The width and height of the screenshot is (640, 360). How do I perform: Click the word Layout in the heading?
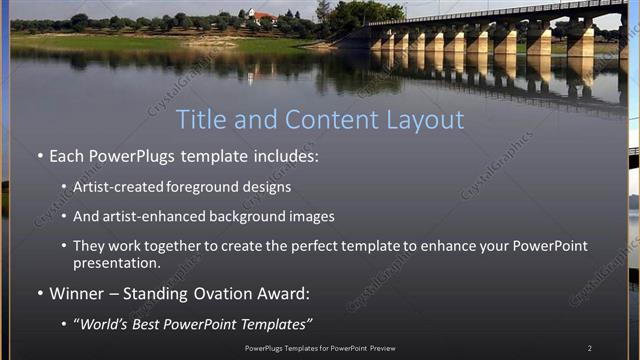click(x=429, y=120)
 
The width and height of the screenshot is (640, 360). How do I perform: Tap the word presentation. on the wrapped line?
click(x=116, y=264)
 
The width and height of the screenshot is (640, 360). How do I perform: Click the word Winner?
click(x=74, y=294)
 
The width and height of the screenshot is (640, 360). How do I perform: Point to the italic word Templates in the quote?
click(x=277, y=324)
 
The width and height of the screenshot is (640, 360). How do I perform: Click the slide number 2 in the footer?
click(x=589, y=348)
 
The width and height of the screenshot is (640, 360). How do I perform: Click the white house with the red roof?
click(x=262, y=17)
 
